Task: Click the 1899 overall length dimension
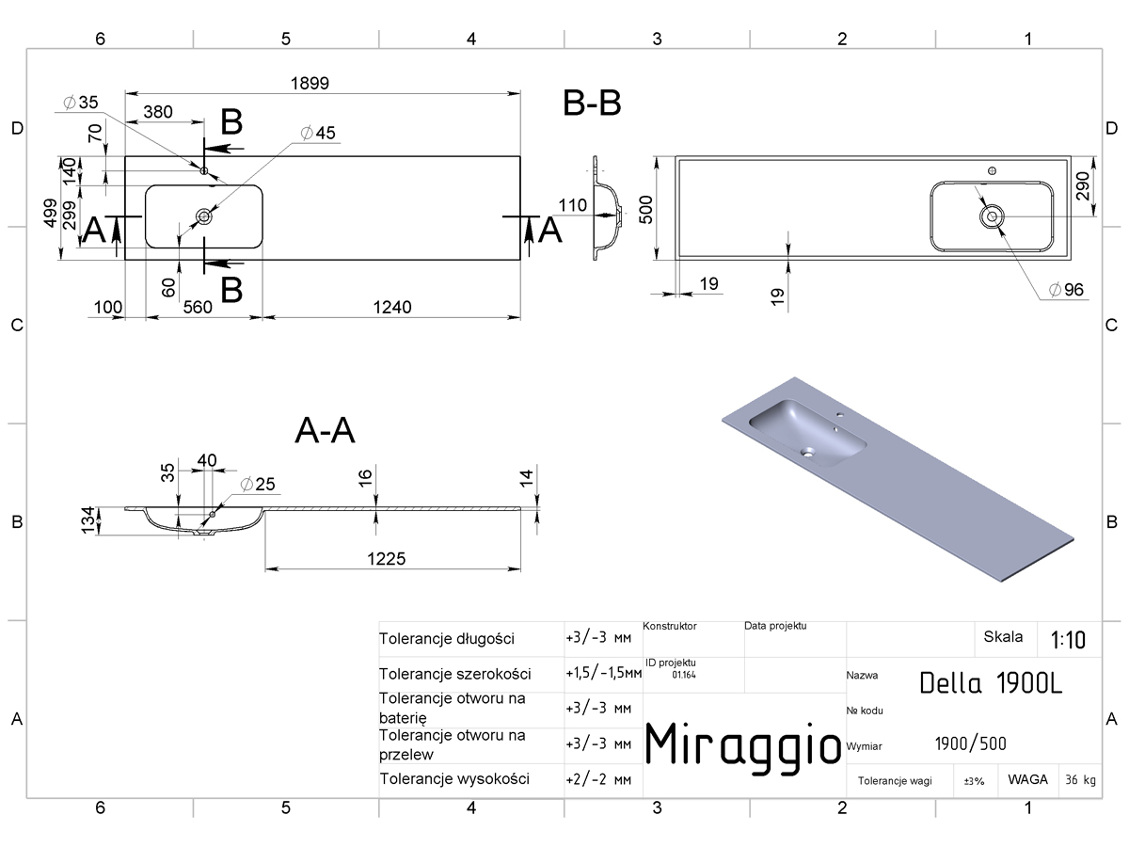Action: coord(310,84)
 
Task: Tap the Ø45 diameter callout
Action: coord(318,134)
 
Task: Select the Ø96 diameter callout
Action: coord(1066,290)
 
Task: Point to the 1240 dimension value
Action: coord(392,308)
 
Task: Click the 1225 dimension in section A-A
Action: coord(387,558)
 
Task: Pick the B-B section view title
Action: coord(592,103)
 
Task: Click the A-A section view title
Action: coord(326,430)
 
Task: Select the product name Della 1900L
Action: coord(991,683)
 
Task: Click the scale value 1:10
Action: coord(1068,640)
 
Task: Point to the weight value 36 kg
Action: coord(1080,779)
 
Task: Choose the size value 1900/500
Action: coord(970,743)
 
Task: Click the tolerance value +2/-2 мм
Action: coord(598,779)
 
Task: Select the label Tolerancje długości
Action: coord(447,639)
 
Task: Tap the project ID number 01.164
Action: coord(684,675)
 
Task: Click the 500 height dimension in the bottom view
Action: coord(646,209)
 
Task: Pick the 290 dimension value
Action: coord(1082,185)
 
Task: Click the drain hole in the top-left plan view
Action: coord(204,216)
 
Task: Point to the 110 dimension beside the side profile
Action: coord(572,206)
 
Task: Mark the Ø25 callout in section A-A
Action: coord(258,484)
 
